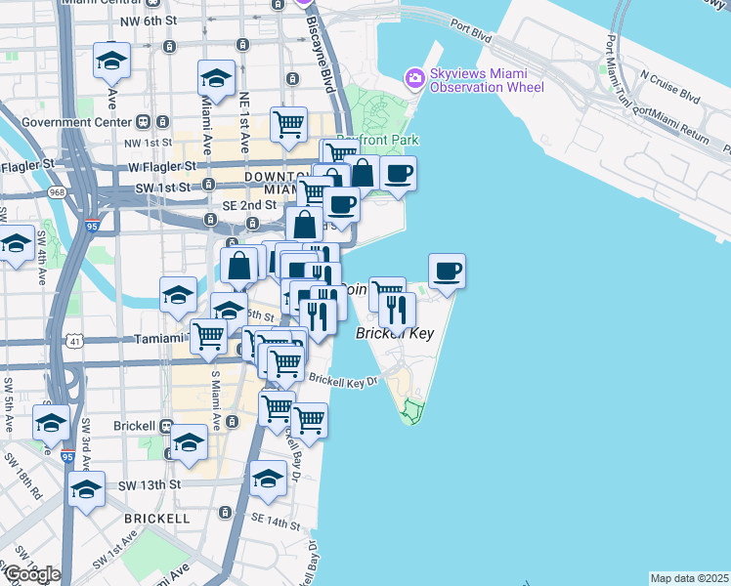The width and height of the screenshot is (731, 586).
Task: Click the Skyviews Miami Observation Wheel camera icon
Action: click(414, 77)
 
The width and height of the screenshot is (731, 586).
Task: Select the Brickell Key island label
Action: click(394, 334)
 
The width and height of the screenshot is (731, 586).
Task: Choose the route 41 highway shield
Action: click(75, 340)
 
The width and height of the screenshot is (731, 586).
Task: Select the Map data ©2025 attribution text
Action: click(689, 578)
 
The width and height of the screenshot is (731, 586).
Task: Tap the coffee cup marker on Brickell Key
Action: click(447, 270)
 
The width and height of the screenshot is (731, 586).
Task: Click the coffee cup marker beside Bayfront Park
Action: click(398, 173)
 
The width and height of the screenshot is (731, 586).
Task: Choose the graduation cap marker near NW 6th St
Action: click(111, 61)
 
